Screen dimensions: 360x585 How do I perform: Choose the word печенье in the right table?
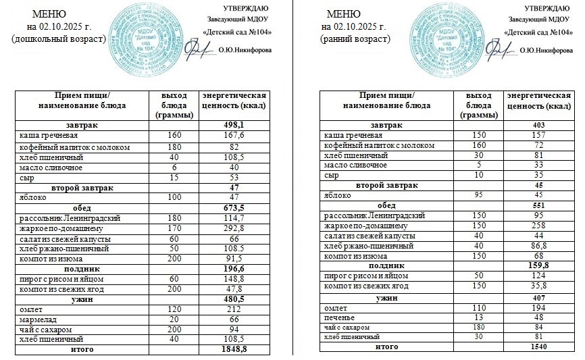pyautogui.click(x=340, y=317)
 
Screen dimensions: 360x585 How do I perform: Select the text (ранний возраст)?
pyautogui.click(x=356, y=39)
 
